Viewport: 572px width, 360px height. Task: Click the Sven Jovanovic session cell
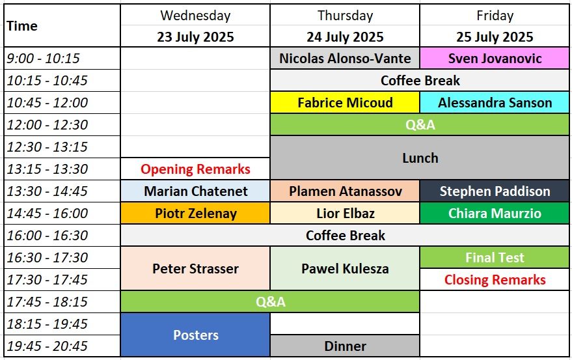click(495, 59)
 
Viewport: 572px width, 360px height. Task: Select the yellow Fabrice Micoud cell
click(345, 103)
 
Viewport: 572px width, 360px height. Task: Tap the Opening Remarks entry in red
click(195, 169)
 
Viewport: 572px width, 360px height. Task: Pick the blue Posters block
click(195, 335)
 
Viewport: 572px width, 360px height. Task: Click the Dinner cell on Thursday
click(345, 346)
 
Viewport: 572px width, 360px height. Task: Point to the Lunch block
click(420, 158)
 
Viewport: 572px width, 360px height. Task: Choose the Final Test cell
click(495, 257)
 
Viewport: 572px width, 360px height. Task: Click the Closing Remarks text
click(495, 280)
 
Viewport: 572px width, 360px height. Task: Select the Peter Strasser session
click(195, 268)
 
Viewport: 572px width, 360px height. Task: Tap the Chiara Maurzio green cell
click(495, 214)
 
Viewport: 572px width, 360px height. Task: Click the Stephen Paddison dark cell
click(495, 191)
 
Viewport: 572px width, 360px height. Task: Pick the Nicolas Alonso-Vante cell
click(345, 59)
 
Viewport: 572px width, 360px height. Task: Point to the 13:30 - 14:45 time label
click(48, 191)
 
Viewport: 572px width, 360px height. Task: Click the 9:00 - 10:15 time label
click(43, 59)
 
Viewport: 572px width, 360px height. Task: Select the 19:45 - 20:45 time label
click(48, 346)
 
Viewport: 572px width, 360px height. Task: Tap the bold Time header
click(22, 26)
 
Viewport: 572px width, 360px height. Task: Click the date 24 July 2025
click(345, 37)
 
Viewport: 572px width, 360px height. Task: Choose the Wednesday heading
click(195, 16)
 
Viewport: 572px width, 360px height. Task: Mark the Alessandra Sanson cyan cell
click(495, 103)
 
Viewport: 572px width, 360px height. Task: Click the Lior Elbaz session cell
click(345, 214)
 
